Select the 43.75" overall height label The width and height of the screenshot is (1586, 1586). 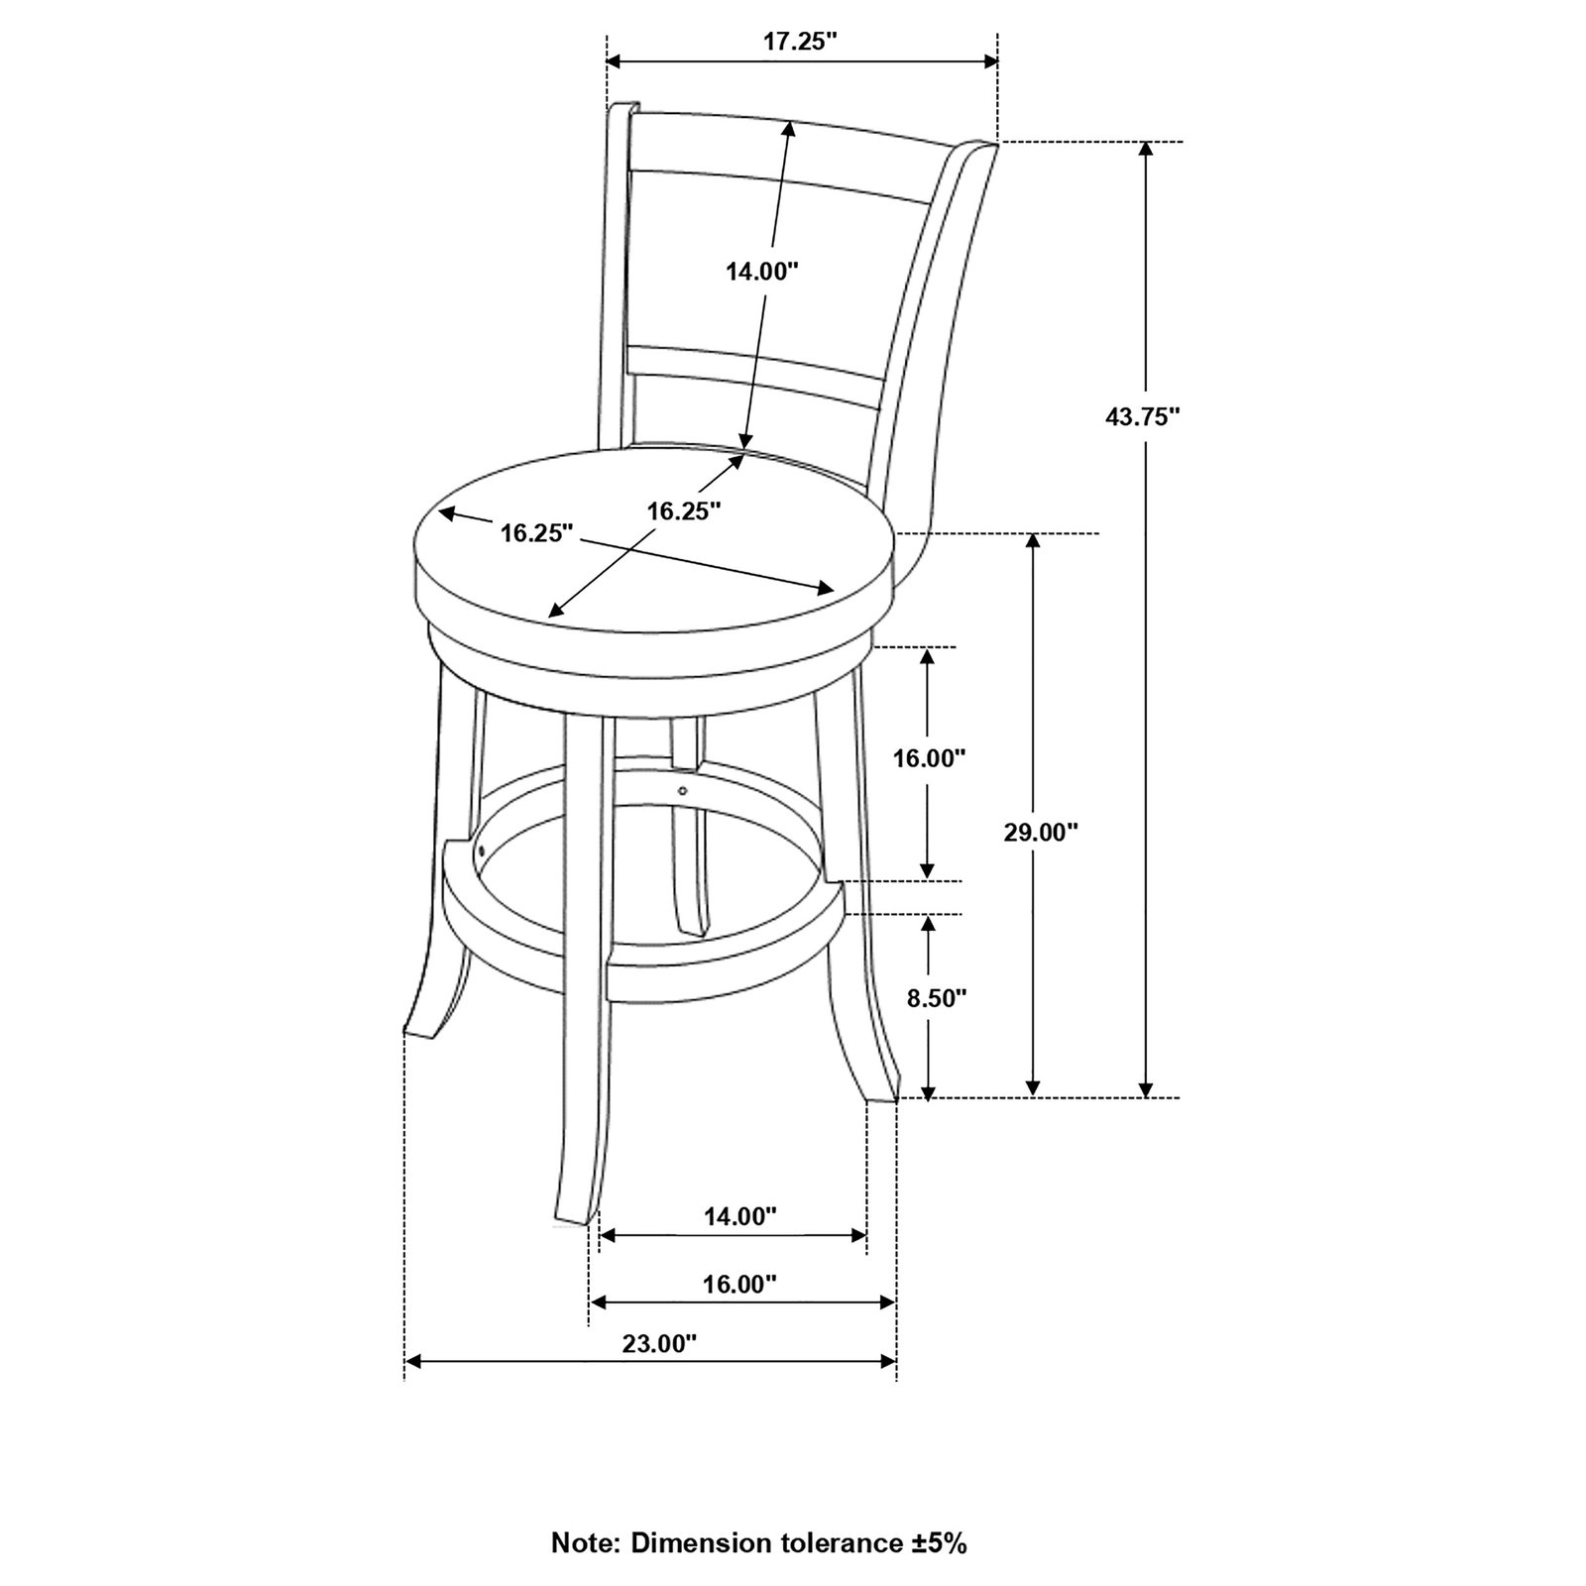click(x=1143, y=417)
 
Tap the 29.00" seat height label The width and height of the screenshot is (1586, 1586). click(x=1040, y=832)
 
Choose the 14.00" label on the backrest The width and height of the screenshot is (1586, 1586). click(x=762, y=272)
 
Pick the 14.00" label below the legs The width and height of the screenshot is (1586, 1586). click(x=740, y=1216)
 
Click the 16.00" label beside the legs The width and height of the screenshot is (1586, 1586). click(x=929, y=758)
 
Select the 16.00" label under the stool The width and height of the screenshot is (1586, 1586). click(x=739, y=1284)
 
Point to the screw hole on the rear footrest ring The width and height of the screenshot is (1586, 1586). click(x=683, y=790)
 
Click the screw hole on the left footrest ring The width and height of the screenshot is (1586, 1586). click(x=480, y=850)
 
